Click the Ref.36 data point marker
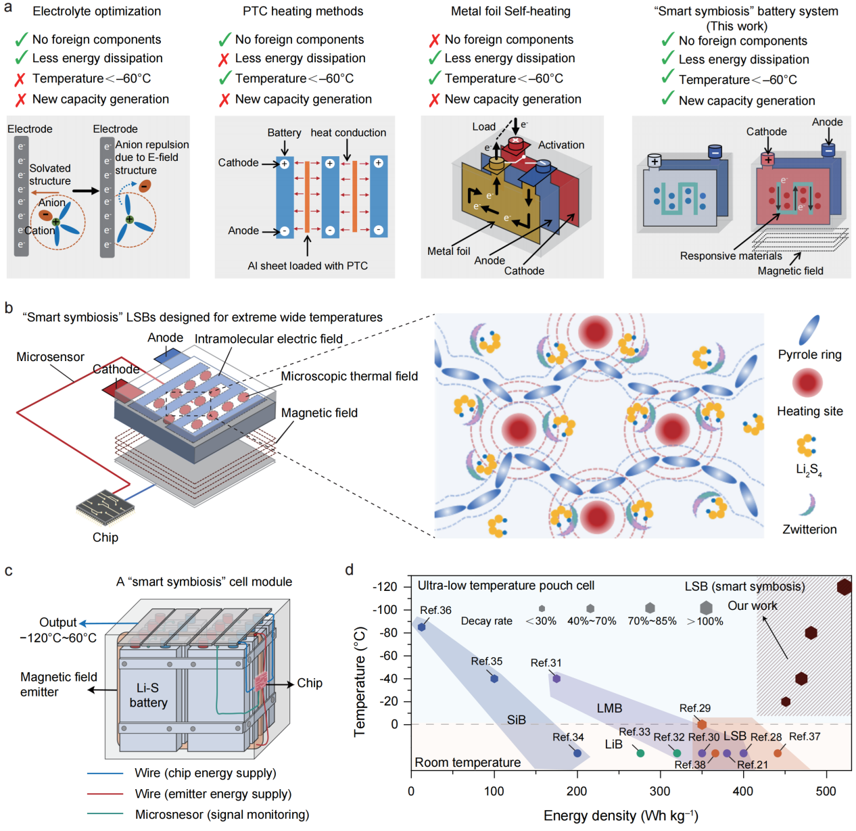pyautogui.click(x=422, y=627)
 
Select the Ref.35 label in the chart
pyautogui.click(x=486, y=661)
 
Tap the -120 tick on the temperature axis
pyautogui.click(x=385, y=586)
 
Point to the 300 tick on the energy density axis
pyautogui.click(x=660, y=791)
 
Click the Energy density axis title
pyautogui.click(x=620, y=816)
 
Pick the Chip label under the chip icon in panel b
pyautogui.click(x=105, y=538)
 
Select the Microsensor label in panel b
pyautogui.click(x=50, y=357)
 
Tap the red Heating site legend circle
pyautogui.click(x=807, y=382)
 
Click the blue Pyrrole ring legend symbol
pyautogui.click(x=809, y=330)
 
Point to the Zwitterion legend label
pyautogui.click(x=809, y=529)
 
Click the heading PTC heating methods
pyautogui.click(x=303, y=11)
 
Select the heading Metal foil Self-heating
pyautogui.click(x=510, y=11)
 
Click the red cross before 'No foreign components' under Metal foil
pyautogui.click(x=434, y=41)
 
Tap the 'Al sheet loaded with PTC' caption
pyautogui.click(x=308, y=266)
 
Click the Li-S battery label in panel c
pyautogui.click(x=148, y=695)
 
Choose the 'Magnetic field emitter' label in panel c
pyautogui.click(x=59, y=684)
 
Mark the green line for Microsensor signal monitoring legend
pyautogui.click(x=105, y=814)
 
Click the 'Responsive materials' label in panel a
pyautogui.click(x=730, y=256)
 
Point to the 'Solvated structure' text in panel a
pyautogui.click(x=50, y=174)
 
